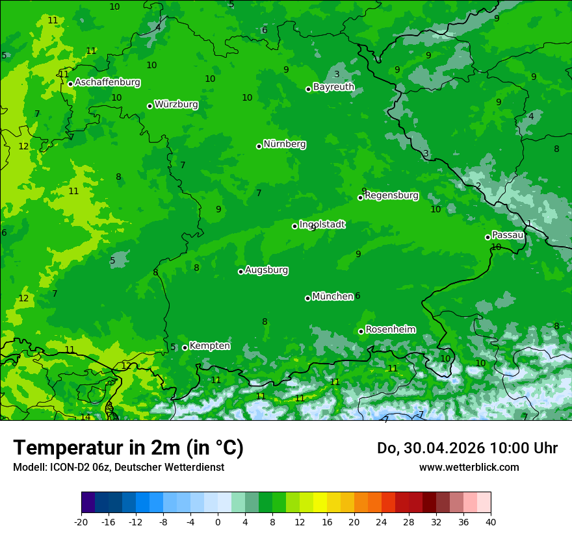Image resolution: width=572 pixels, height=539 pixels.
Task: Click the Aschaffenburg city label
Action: point(107,82)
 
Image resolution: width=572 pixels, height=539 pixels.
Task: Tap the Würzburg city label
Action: point(176,105)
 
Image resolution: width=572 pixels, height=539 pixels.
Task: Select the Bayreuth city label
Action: point(333,87)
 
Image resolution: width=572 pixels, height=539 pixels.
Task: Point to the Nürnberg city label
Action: point(285,144)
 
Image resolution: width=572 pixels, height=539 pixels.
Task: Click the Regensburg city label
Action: point(391,195)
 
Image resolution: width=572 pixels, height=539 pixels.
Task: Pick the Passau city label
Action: point(508,235)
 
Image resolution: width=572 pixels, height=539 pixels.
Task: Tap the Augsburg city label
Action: point(266,270)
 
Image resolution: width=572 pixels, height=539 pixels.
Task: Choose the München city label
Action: point(333,297)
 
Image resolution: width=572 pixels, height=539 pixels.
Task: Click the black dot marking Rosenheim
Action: point(361,332)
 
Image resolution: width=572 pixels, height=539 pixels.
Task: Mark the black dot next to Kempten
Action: point(185,347)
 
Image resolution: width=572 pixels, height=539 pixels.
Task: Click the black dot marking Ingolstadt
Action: point(294,226)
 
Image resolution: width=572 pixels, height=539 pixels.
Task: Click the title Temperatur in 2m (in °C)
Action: point(129,448)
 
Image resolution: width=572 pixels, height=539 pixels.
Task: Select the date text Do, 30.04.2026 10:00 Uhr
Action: point(467,448)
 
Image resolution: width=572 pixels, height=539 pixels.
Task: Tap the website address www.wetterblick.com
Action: point(469,467)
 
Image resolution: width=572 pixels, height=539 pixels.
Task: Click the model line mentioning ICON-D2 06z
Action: point(118,467)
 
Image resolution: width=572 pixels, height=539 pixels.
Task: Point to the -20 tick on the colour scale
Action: point(81,521)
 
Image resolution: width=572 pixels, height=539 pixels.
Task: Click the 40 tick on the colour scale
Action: point(491,521)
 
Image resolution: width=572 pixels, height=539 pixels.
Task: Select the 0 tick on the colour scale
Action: point(218,521)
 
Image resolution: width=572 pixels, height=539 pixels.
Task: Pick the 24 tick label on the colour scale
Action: point(382,521)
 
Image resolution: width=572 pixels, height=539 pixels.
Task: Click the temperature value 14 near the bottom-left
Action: point(85,417)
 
